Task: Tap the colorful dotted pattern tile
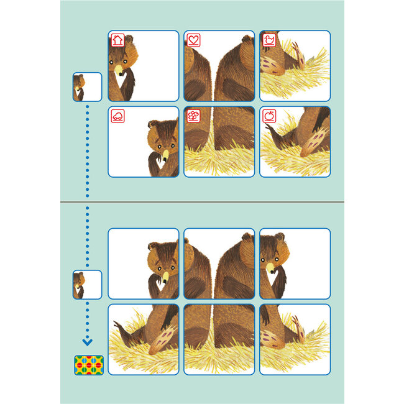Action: (x=88, y=365)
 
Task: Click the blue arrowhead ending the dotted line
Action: (x=87, y=341)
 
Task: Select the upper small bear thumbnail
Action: (x=87, y=87)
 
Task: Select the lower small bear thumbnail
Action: (x=87, y=285)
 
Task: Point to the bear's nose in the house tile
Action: (x=118, y=70)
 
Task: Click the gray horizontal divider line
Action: (x=202, y=202)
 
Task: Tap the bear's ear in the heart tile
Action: (x=247, y=39)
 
